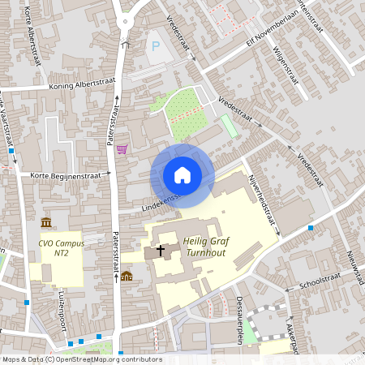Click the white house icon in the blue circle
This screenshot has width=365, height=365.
point(182,175)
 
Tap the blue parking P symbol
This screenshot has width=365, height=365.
point(156,46)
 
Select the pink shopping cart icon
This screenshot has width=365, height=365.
point(122,148)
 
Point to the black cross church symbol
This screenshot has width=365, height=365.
point(161,251)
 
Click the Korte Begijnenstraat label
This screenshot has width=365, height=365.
point(64,174)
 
